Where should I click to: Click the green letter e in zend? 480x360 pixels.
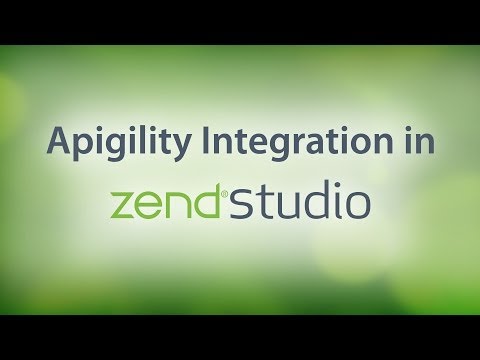[x=152, y=206]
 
